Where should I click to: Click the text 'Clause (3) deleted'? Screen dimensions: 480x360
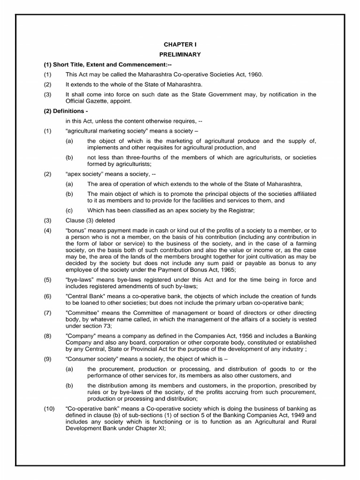point(90,220)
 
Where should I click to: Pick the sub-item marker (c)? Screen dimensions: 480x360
point(69,210)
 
